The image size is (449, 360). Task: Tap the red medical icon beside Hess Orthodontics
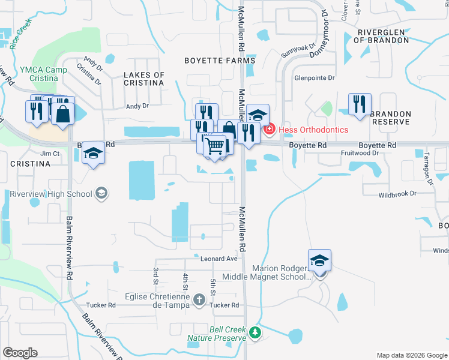coord(270,129)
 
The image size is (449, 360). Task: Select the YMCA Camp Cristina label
coord(43,74)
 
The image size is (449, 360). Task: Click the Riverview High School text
coord(51,194)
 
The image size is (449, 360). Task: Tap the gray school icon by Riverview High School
coord(101,193)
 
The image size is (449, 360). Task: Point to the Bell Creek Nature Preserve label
coord(217,334)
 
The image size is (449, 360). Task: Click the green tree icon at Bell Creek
coord(255,332)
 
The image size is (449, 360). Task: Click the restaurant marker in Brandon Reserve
coord(360,103)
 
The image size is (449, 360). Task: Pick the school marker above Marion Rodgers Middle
coord(320,260)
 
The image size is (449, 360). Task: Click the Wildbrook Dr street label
coord(397,194)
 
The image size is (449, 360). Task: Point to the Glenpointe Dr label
coord(314,78)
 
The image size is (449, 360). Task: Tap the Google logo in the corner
coord(20,353)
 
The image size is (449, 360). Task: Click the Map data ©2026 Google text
coord(411,355)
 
